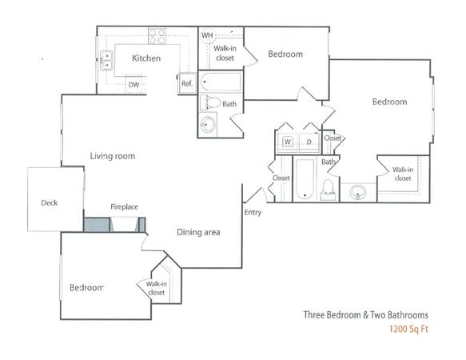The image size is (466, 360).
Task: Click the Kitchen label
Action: click(146, 58)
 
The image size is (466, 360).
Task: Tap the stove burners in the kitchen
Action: click(157, 36)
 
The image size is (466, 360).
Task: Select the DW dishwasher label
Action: click(133, 85)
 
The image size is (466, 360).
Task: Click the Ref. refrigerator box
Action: click(188, 83)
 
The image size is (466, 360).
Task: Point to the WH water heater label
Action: click(207, 35)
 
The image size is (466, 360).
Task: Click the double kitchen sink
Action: click(106, 60)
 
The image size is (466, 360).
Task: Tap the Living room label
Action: click(113, 156)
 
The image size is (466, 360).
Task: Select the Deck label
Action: click(49, 203)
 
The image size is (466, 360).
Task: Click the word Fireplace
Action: click(124, 206)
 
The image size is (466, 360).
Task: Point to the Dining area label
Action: click(198, 232)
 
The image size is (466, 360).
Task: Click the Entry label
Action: click(253, 213)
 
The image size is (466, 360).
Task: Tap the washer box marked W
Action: click(288, 142)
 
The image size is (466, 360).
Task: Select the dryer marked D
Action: click(309, 142)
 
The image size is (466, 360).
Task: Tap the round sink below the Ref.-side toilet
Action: click(208, 124)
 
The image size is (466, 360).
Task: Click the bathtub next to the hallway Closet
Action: click(305, 179)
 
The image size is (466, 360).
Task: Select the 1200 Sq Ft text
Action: click(408, 329)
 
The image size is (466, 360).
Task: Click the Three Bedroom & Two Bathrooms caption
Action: click(365, 314)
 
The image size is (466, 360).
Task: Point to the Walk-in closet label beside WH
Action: click(225, 53)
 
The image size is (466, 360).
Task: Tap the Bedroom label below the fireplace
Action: click(86, 287)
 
